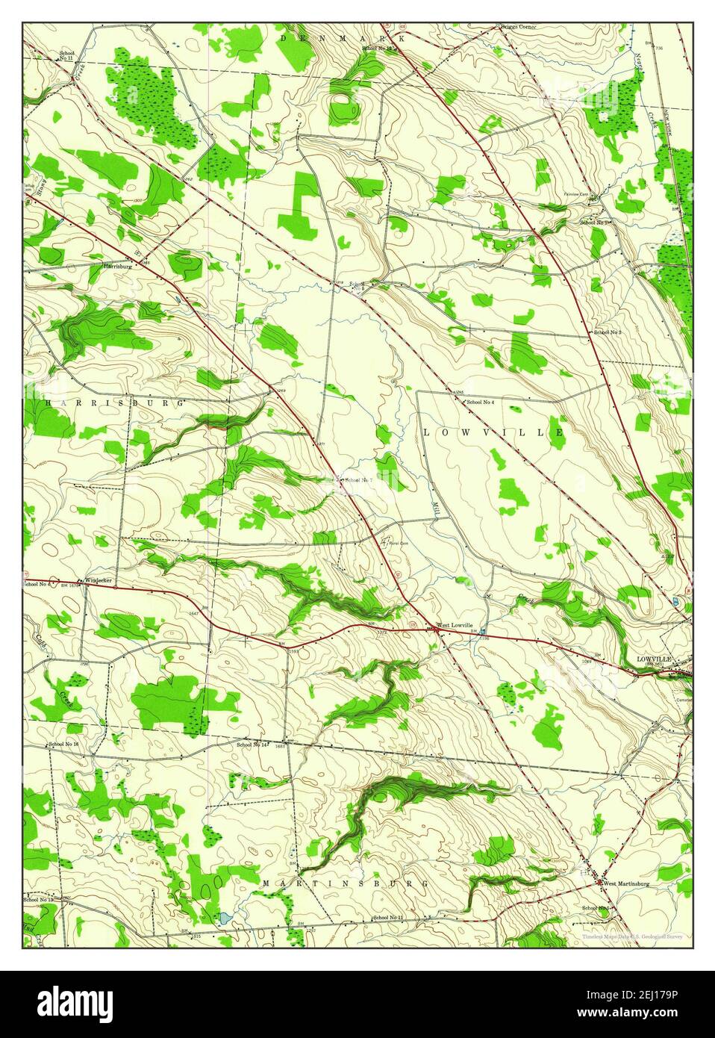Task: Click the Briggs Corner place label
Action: pyautogui.click(x=518, y=27)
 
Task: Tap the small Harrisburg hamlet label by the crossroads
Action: pyautogui.click(x=118, y=265)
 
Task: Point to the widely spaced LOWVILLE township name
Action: pyautogui.click(x=493, y=432)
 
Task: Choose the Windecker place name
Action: pyautogui.click(x=98, y=580)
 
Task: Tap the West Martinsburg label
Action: pyautogui.click(x=626, y=883)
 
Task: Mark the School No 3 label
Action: pyautogui.click(x=608, y=331)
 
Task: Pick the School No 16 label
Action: pyautogui.click(x=63, y=745)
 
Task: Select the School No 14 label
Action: pyautogui.click(x=252, y=745)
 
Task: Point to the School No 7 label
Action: pyautogui.click(x=358, y=480)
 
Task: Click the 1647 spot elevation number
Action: pyautogui.click(x=193, y=613)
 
